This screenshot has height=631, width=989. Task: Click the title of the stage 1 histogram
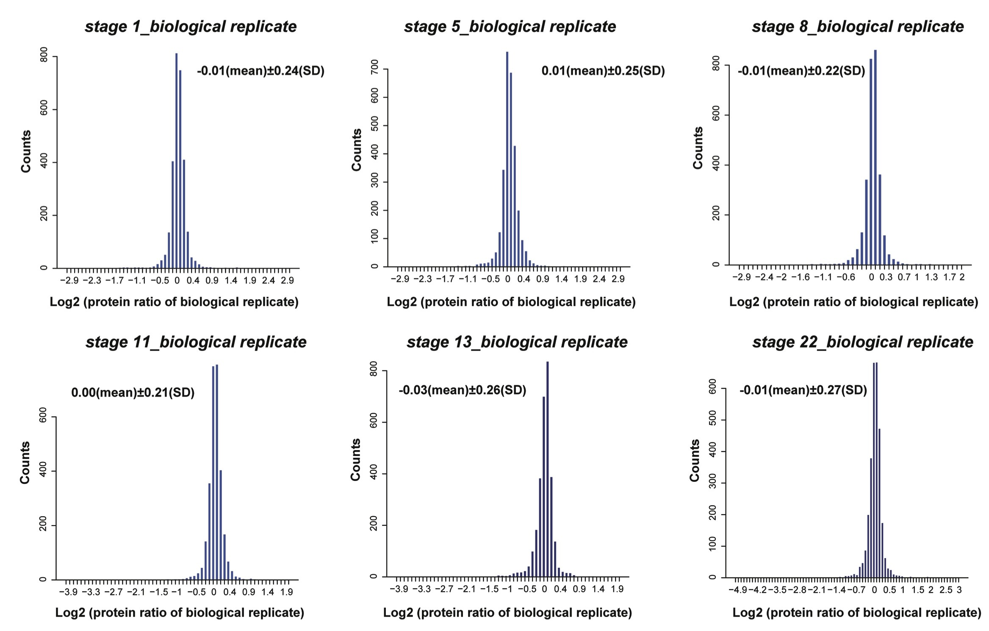(x=191, y=27)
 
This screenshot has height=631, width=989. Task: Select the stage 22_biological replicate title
(x=863, y=342)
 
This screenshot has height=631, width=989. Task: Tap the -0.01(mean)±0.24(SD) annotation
(x=260, y=71)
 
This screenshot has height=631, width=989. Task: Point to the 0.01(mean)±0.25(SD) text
(x=603, y=71)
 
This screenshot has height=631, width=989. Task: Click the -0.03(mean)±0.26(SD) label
(x=462, y=390)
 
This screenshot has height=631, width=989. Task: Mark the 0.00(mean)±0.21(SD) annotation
(x=133, y=392)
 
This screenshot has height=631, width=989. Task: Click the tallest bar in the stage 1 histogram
(x=176, y=161)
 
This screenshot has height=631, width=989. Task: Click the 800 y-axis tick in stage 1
(x=44, y=57)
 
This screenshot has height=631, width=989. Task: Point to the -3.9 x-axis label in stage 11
(x=68, y=592)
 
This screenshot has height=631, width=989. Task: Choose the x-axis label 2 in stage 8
(x=962, y=278)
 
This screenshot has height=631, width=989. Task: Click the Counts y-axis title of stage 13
(x=356, y=460)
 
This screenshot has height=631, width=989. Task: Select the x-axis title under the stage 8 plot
(x=853, y=302)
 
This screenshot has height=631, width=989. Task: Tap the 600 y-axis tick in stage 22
(x=713, y=389)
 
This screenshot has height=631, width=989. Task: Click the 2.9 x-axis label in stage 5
(x=618, y=279)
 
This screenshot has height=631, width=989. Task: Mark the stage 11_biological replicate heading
(x=196, y=342)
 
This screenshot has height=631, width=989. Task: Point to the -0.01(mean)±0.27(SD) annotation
(x=803, y=390)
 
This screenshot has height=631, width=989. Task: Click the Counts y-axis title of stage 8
(x=698, y=148)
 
